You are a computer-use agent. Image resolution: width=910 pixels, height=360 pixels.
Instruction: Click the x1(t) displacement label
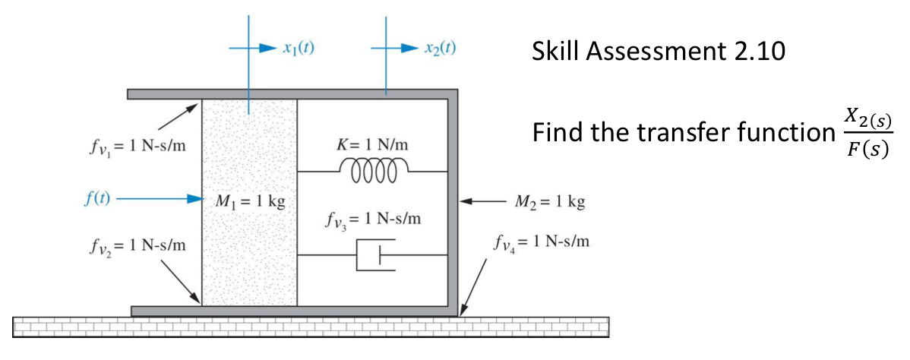[298, 48]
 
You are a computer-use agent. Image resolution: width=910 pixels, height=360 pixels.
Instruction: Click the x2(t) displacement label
[440, 48]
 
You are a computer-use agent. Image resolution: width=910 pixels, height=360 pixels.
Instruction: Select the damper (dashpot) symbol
[372, 257]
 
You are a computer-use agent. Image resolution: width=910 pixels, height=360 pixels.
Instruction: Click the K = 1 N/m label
[372, 144]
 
